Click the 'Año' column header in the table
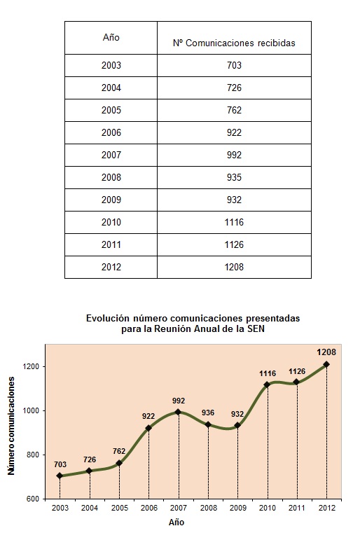point(111,37)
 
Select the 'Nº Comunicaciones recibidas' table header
point(234,43)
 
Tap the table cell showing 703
point(234,65)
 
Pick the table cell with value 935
point(234,177)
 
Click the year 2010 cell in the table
point(111,222)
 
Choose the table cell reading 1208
point(234,267)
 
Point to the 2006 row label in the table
point(111,132)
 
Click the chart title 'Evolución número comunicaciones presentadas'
point(193,318)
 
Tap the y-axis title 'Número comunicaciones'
point(11,426)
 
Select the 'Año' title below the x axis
point(176,522)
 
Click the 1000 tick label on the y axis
point(32,411)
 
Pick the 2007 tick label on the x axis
point(179,508)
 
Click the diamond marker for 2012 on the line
point(326,364)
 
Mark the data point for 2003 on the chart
point(60,476)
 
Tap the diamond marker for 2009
point(237,425)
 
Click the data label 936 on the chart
point(208,413)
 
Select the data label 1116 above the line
point(268,373)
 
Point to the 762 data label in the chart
point(119,451)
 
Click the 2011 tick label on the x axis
point(297,508)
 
